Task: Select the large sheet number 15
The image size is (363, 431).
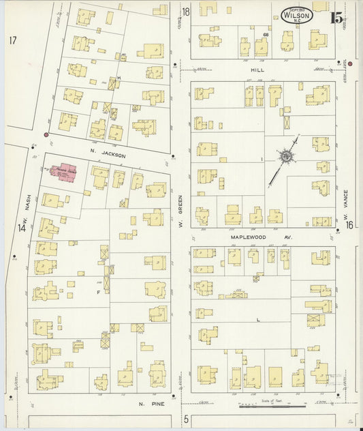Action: pyautogui.click(x=336, y=18)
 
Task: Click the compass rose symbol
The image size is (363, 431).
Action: pyautogui.click(x=287, y=158)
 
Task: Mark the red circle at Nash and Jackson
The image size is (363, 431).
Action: pyautogui.click(x=46, y=135)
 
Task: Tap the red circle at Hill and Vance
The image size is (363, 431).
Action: pyautogui.click(x=350, y=63)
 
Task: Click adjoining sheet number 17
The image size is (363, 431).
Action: pyautogui.click(x=13, y=40)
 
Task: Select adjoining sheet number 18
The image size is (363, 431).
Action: pyautogui.click(x=185, y=12)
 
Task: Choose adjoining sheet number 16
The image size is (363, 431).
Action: pyautogui.click(x=348, y=226)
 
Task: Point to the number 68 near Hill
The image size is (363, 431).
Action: pyautogui.click(x=266, y=33)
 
